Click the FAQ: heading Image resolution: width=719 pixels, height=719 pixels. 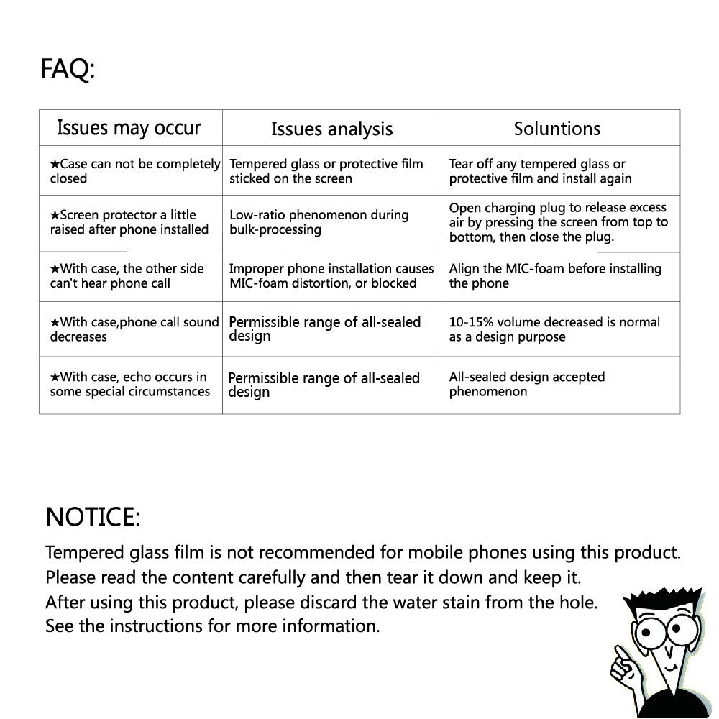(x=68, y=70)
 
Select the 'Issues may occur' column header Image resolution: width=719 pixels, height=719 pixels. (x=129, y=128)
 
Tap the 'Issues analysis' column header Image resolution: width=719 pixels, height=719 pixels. (x=331, y=129)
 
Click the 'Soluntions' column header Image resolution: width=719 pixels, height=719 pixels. (x=557, y=129)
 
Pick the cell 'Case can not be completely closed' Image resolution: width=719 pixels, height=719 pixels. (x=134, y=171)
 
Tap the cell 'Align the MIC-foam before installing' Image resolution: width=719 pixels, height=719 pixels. (x=554, y=276)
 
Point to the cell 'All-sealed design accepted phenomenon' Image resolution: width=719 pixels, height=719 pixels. (x=526, y=384)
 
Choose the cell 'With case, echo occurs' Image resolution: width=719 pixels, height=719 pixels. (x=129, y=384)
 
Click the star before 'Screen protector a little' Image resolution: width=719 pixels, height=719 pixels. (x=55, y=215)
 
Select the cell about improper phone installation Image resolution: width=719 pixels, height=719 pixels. (x=331, y=276)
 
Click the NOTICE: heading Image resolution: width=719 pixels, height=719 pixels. (x=93, y=516)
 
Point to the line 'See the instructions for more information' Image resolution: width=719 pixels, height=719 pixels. (x=212, y=626)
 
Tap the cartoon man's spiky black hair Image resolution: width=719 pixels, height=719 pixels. (x=661, y=598)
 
